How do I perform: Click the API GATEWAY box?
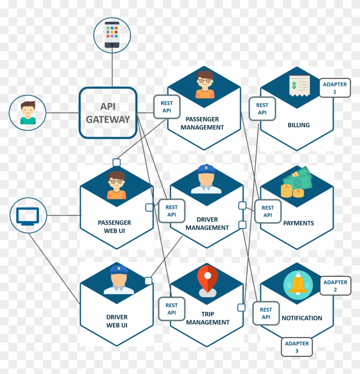[108, 113]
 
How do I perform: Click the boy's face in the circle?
[28, 112]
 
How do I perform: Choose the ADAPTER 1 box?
[335, 88]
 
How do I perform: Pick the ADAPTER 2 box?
[335, 286]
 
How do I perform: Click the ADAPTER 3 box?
[297, 347]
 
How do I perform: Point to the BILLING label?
[298, 125]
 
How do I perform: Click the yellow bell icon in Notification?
[298, 284]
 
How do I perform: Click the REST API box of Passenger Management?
[167, 107]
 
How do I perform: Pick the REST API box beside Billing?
[262, 108]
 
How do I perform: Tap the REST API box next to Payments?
[267, 211]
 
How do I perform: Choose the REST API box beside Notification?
[266, 313]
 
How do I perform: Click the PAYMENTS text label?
[298, 223]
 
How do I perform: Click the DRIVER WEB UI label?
[117, 321]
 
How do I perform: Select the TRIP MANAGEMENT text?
[207, 318]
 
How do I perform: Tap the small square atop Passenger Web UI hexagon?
[117, 162]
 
